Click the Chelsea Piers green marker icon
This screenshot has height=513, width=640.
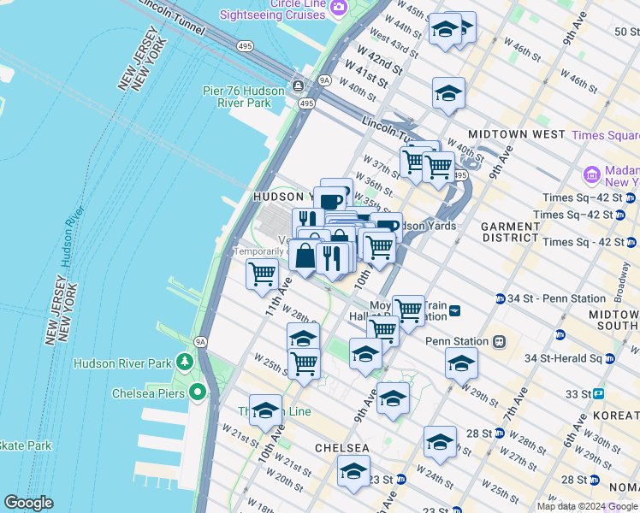pyautogui.click(x=198, y=393)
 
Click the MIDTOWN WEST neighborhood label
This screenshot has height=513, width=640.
pyautogui.click(x=516, y=134)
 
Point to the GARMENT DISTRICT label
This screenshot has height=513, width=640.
pyautogui.click(x=509, y=233)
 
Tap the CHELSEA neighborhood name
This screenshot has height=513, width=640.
pyautogui.click(x=341, y=448)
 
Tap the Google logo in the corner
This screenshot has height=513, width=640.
pyautogui.click(x=28, y=503)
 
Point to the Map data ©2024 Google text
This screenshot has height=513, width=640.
pyautogui.click(x=588, y=506)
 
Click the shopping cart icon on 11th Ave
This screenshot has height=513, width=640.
pyautogui.click(x=262, y=274)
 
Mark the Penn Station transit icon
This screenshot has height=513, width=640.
pyautogui.click(x=499, y=341)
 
